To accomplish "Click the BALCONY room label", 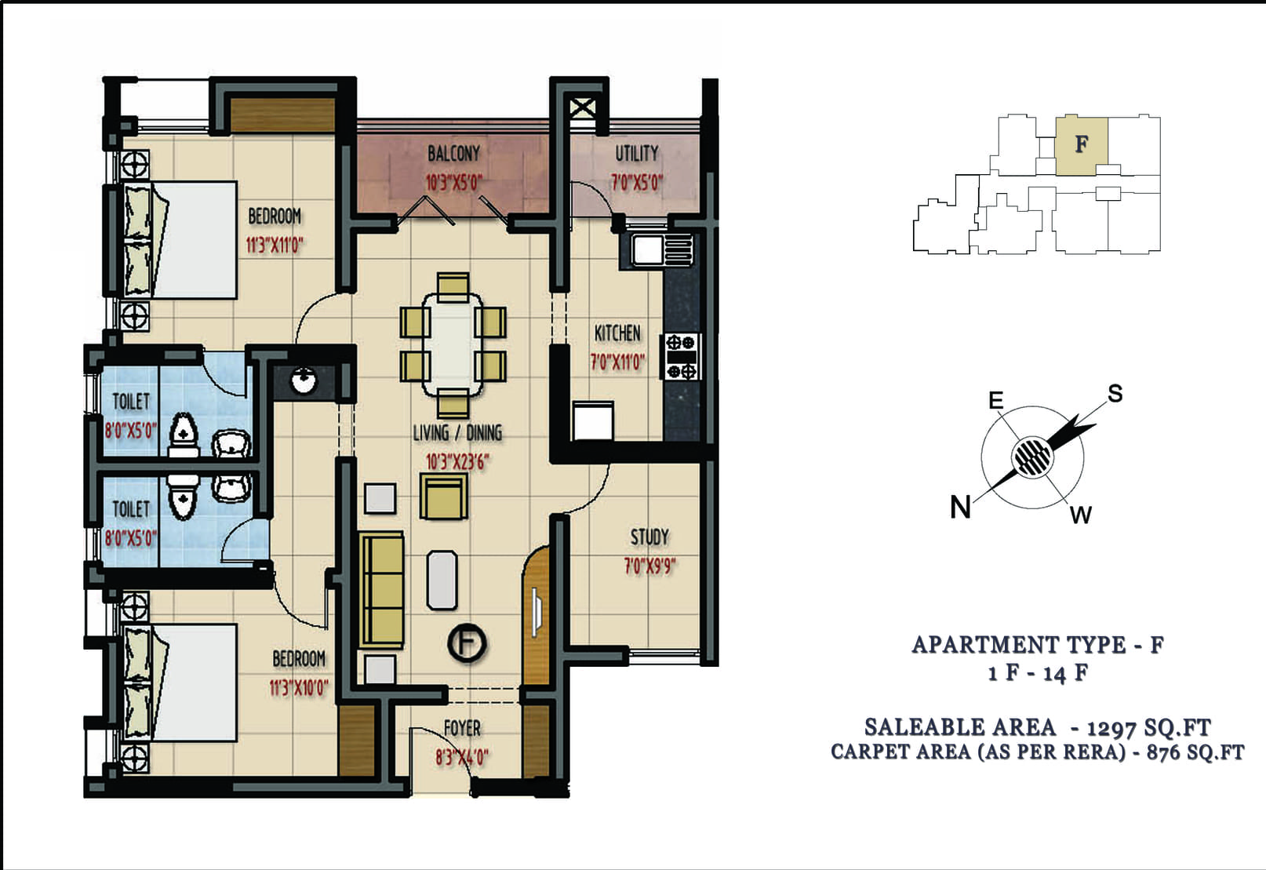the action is [453, 153].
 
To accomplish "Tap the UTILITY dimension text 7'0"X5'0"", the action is [636, 183].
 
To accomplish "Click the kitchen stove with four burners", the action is [681, 356].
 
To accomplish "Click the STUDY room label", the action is [649, 537].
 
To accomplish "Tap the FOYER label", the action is [462, 728].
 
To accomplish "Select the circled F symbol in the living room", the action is [467, 643].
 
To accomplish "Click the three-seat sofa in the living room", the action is [381, 589].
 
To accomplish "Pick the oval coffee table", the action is [442, 580].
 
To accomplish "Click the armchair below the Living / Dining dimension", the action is [444, 497].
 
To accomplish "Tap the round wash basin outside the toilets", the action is [304, 380].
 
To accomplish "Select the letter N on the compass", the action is [960, 507].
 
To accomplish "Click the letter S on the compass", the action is [1115, 393].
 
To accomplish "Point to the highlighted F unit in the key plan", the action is [1081, 145].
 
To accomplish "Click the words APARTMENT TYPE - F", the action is [1038, 645].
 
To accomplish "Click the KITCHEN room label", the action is [617, 333].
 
